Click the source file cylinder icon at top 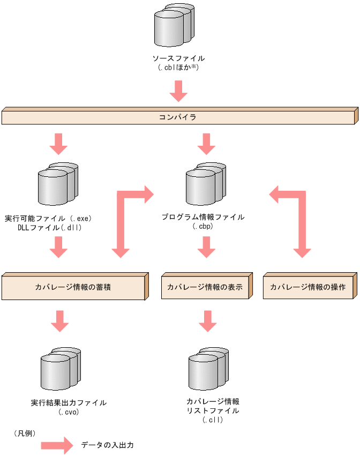click(173, 27)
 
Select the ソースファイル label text click(178, 58)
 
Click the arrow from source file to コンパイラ click(178, 91)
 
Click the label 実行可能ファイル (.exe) click(49, 218)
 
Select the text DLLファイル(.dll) click(49, 227)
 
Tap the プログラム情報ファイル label click(203, 217)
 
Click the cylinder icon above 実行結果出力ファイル click(61, 370)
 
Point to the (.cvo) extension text click(69, 412)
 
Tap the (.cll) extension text click(213, 420)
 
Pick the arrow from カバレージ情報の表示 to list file click(207, 320)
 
